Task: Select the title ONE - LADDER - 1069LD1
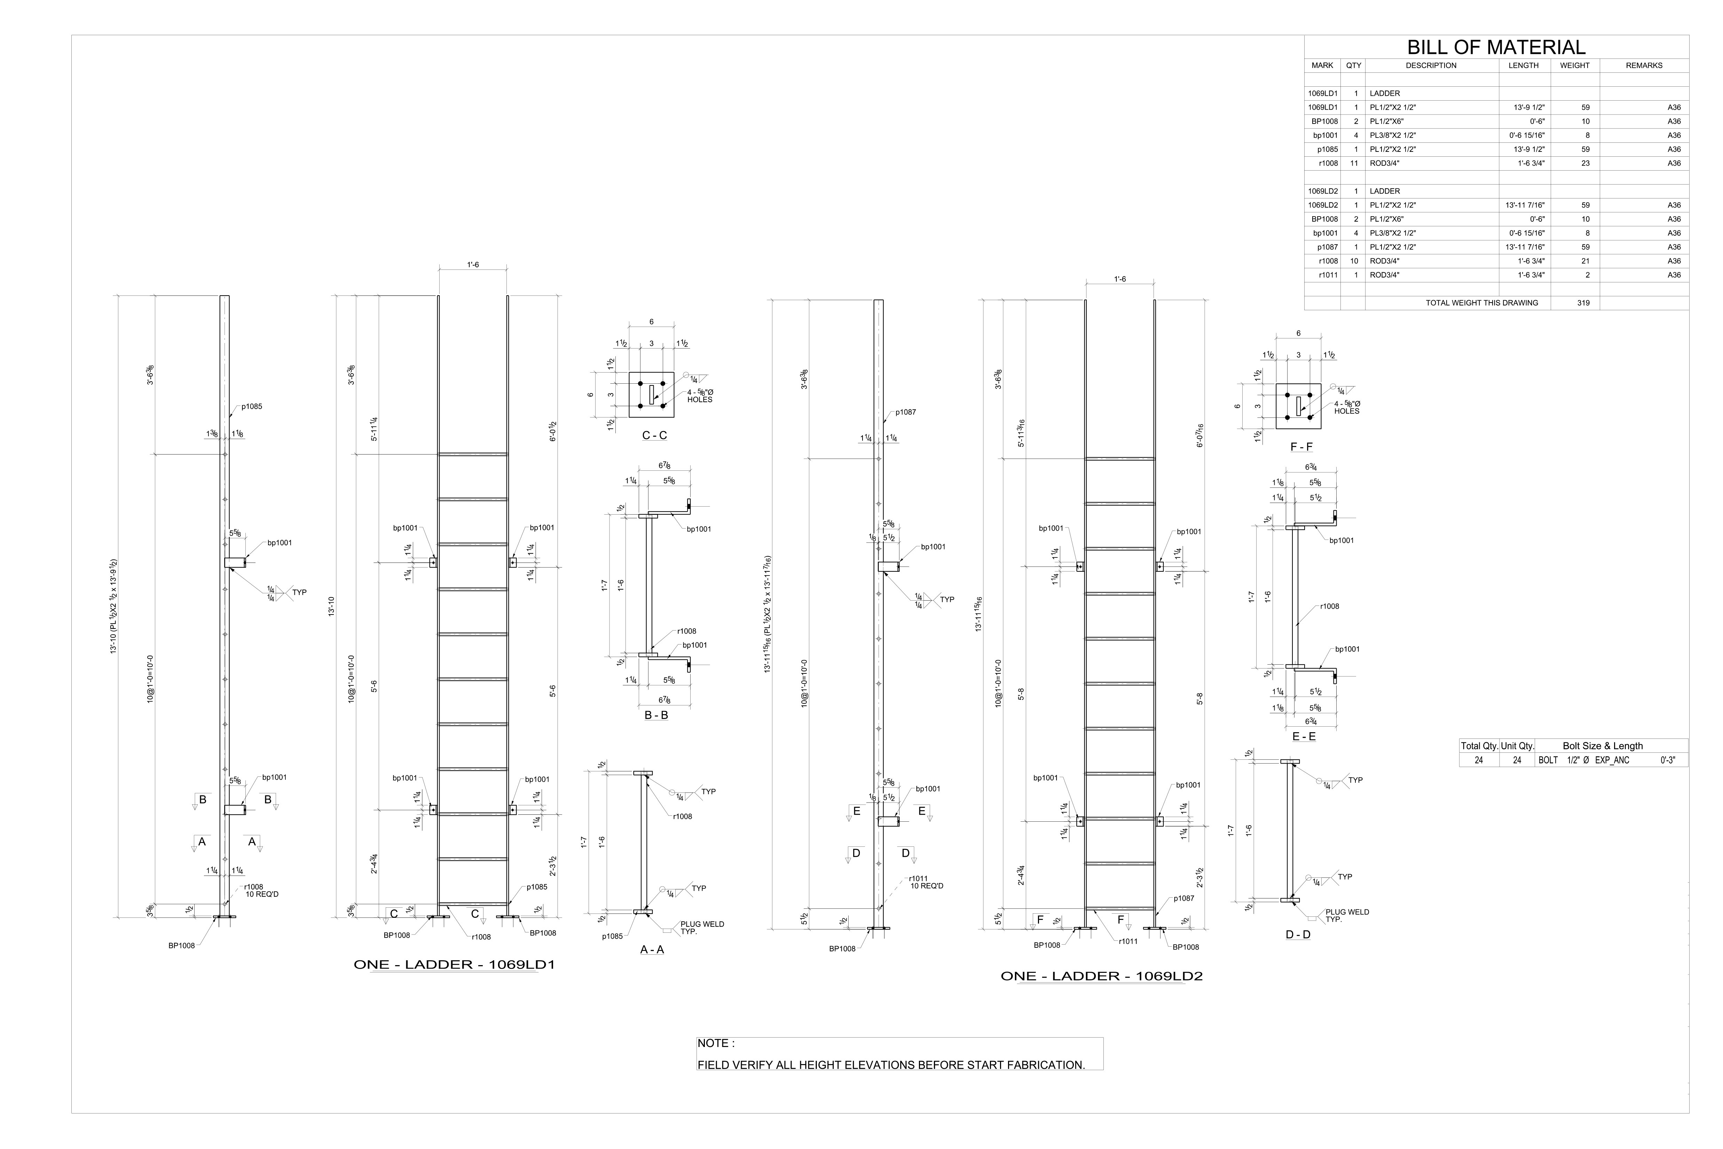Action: point(454,964)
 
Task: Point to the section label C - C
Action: point(654,435)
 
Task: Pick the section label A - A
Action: point(652,950)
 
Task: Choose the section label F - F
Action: point(1301,447)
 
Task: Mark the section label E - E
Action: point(1303,736)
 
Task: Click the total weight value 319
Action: point(1583,303)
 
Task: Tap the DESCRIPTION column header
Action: point(1431,65)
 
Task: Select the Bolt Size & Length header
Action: point(1602,746)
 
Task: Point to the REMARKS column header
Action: point(1644,65)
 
